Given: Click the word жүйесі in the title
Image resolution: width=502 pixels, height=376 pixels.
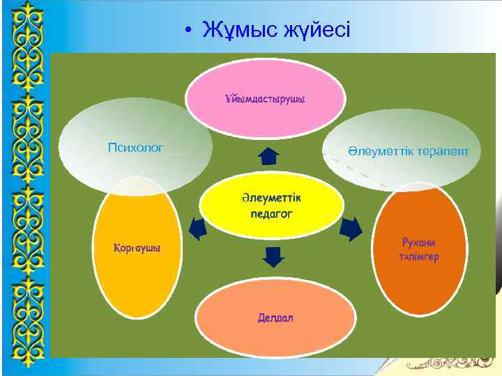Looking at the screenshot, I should [x=317, y=30].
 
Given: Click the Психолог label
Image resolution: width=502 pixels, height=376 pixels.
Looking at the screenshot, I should [x=135, y=147].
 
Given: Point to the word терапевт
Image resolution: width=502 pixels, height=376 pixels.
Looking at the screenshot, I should [x=440, y=151].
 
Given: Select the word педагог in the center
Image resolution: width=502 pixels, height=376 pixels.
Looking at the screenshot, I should [x=271, y=214].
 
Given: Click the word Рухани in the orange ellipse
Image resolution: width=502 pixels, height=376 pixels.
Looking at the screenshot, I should [x=418, y=242].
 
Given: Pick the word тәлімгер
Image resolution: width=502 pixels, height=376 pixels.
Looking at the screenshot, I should [x=418, y=257].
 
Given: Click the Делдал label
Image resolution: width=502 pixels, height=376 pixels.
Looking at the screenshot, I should [x=275, y=318].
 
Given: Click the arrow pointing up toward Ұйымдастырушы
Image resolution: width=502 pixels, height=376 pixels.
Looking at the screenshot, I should [x=268, y=155].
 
